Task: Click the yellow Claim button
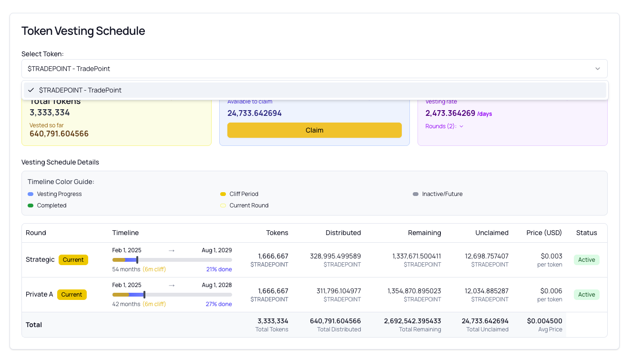[x=314, y=130]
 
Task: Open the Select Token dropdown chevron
[x=597, y=69]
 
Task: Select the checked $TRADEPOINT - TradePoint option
[x=80, y=90]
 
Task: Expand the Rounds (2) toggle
[x=444, y=126]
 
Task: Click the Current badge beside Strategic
[x=73, y=260]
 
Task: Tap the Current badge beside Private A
[x=71, y=295]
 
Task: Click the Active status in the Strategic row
[x=586, y=260]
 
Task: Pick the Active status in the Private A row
[x=586, y=295]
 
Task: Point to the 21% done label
[x=219, y=269]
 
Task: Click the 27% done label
[x=219, y=304]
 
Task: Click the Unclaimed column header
[x=491, y=233]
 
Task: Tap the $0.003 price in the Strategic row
[x=551, y=256]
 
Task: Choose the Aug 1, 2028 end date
[x=216, y=285]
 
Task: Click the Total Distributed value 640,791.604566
[x=335, y=321]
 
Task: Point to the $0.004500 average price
[x=544, y=321]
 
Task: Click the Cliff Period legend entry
[x=244, y=194]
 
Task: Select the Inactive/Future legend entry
[x=442, y=194]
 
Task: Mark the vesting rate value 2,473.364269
[x=450, y=113]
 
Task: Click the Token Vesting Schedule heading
[x=83, y=31]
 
